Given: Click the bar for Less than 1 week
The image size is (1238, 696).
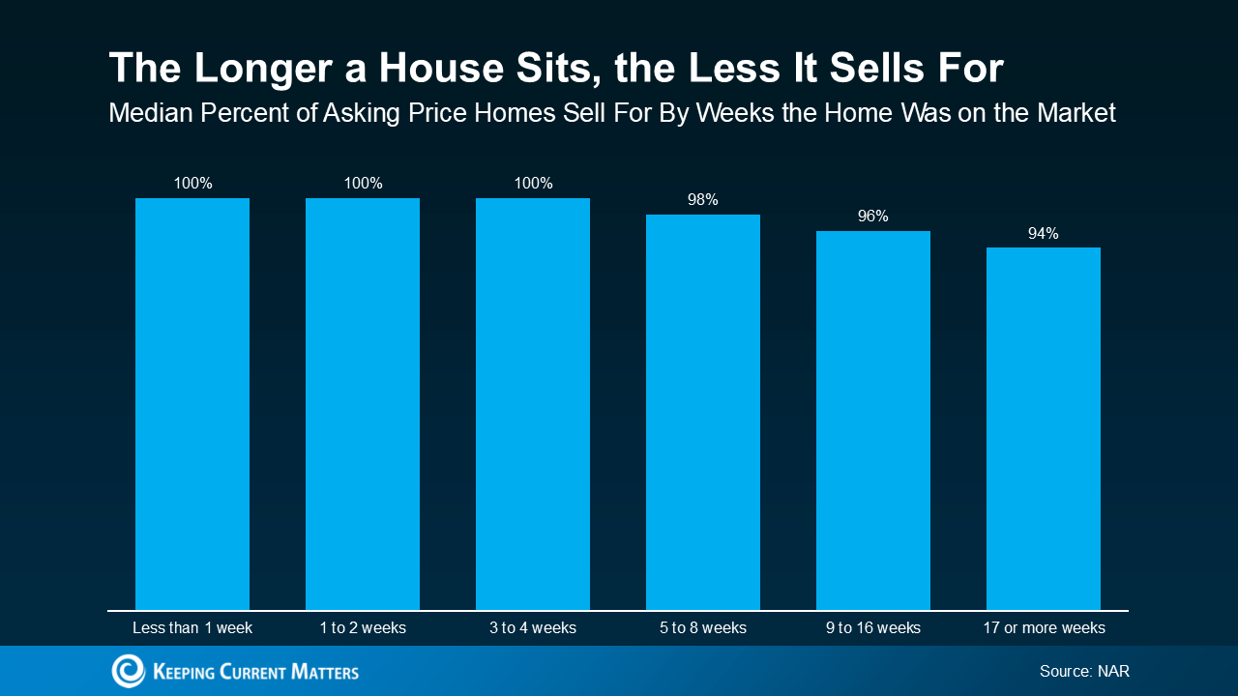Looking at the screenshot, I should click(x=192, y=404).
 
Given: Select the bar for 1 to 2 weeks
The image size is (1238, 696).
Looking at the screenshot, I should click(x=363, y=404).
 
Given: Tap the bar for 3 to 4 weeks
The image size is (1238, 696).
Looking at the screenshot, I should click(x=533, y=404).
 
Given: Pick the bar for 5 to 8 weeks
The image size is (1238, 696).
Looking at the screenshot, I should click(x=703, y=412).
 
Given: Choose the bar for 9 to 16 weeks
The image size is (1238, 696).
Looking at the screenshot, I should click(x=873, y=420).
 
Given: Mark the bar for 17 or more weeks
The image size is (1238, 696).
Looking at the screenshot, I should click(x=1044, y=428).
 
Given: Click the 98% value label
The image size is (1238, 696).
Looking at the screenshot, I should click(x=703, y=200).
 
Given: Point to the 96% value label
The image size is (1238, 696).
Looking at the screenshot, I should click(x=873, y=217).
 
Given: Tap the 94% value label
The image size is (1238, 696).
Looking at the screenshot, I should click(x=1044, y=233).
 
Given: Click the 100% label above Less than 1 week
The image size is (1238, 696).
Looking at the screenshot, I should click(x=192, y=184).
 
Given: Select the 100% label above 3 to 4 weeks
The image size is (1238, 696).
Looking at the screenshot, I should click(x=533, y=184).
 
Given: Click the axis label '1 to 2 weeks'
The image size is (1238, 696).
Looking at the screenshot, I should click(x=363, y=628).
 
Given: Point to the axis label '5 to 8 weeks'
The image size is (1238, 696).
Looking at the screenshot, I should click(x=703, y=628).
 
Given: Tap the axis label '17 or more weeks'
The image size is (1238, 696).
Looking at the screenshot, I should click(x=1044, y=628).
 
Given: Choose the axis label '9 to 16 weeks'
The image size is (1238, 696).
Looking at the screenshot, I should click(x=873, y=628).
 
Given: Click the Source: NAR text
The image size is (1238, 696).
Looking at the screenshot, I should click(x=1084, y=671).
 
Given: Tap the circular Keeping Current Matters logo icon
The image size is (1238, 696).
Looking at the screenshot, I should click(x=128, y=671).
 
